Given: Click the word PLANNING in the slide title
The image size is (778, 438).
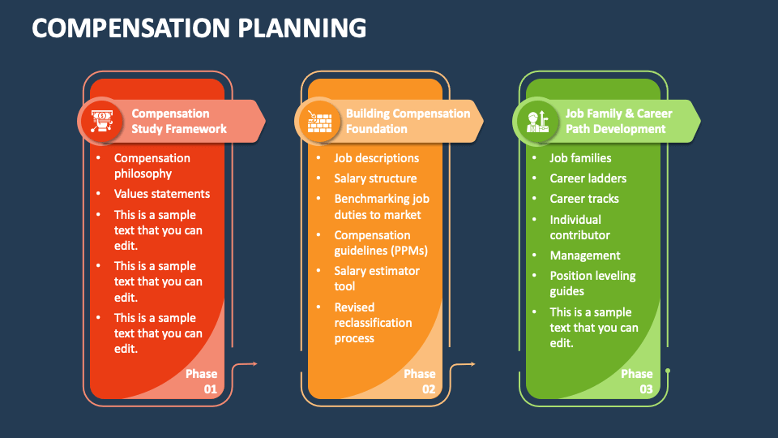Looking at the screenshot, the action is tap(301, 28).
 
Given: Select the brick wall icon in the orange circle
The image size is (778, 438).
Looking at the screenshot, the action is tap(319, 122).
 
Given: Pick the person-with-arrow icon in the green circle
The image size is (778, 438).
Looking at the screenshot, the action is tap(537, 122).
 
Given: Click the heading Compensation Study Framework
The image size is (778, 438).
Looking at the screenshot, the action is tap(179, 121).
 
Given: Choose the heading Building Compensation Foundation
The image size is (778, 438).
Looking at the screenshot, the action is tap(408, 121).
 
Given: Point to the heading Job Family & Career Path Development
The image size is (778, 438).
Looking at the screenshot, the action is tap(618, 121).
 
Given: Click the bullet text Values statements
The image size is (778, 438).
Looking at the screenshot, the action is tap(162, 194).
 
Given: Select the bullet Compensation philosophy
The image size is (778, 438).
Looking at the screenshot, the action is tap(152, 165).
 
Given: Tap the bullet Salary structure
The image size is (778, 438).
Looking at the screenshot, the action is tap(375, 178).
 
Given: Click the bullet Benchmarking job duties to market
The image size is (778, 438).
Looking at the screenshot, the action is tap(382, 207).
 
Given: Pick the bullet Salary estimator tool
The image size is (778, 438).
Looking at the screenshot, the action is tap(377, 278).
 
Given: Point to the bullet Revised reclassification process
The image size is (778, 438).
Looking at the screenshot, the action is tap(373, 322).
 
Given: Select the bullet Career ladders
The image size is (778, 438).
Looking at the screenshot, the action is tap(588, 178).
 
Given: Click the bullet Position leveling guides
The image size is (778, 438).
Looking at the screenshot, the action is tap(592, 283).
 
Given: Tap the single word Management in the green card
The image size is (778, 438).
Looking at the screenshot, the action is tap(585, 255).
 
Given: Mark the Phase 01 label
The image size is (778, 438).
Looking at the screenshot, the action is tap(202, 381).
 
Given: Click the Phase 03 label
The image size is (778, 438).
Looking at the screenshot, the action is tap(637, 381).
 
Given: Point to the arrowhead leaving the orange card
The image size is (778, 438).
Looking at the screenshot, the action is tap(472, 364).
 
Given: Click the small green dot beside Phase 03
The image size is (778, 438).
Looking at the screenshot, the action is tap(668, 371).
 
